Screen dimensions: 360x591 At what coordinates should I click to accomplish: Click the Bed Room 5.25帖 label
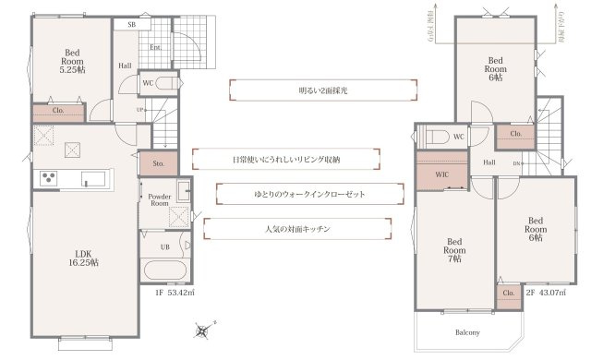pos(71,61)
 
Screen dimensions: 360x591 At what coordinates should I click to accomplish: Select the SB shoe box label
pos(131,26)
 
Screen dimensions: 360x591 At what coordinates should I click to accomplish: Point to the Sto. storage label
pos(158,163)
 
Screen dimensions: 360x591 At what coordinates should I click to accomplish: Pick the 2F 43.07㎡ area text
pos(545,294)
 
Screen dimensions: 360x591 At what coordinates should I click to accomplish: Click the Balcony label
pos(466,331)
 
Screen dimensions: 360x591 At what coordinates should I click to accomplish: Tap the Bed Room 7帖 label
pos(453,247)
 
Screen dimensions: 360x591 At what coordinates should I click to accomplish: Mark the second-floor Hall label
pos(489,162)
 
